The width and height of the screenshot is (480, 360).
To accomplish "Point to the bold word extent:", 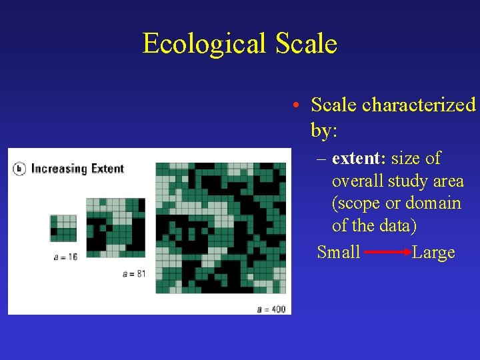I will [x=359, y=159].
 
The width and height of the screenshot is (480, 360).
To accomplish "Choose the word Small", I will [x=339, y=253].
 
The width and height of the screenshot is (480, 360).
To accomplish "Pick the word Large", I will [x=433, y=253].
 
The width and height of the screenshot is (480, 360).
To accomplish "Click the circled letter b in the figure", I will [x=19, y=169].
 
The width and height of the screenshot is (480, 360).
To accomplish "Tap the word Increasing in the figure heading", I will [x=60, y=169].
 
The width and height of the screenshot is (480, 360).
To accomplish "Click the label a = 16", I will [x=65, y=257].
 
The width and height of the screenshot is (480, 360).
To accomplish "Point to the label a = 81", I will [x=134, y=273].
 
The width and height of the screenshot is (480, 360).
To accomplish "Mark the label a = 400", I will [x=271, y=309].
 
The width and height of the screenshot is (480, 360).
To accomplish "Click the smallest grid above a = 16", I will [x=63, y=228].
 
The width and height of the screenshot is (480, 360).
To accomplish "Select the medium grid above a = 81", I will [x=115, y=227].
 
